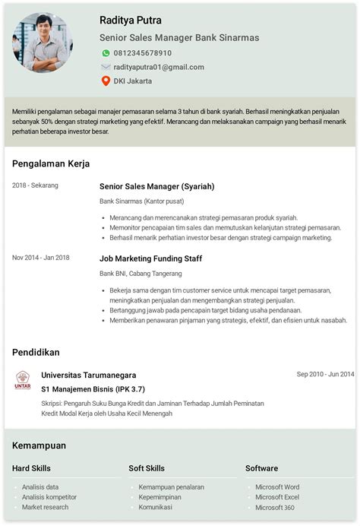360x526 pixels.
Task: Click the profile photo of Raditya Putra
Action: (x=43, y=43)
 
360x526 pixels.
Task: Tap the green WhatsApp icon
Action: (x=106, y=53)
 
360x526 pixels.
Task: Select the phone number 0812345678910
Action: (x=143, y=53)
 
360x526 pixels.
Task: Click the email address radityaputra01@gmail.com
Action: (x=159, y=67)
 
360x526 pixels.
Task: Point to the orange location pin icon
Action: (x=106, y=81)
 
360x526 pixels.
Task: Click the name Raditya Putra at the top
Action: (x=131, y=21)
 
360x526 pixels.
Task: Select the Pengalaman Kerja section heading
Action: (x=51, y=163)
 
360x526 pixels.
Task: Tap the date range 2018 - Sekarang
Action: (x=35, y=185)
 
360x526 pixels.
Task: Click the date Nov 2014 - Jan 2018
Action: (x=41, y=258)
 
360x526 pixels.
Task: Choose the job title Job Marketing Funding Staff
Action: (x=150, y=258)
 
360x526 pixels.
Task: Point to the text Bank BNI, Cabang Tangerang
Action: (x=141, y=274)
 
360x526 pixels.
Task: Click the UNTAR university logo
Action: (x=23, y=380)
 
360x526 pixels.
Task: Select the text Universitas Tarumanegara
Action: (x=89, y=375)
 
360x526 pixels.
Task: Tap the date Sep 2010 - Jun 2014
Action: (x=325, y=374)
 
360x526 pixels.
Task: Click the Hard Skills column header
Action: (x=32, y=468)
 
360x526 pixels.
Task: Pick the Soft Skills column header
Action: (x=147, y=468)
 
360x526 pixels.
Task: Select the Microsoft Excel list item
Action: (x=277, y=497)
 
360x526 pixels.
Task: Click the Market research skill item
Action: (x=45, y=507)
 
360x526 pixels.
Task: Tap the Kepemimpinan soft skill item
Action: (x=160, y=497)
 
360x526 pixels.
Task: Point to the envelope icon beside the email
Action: (x=106, y=67)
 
